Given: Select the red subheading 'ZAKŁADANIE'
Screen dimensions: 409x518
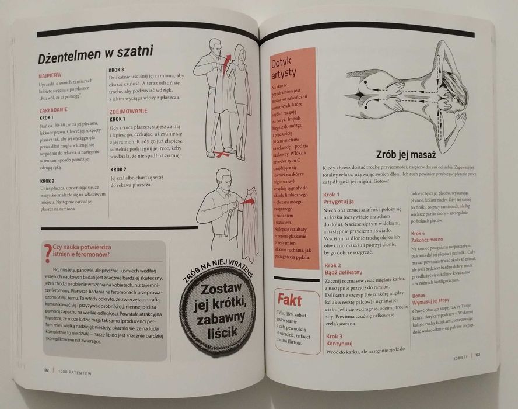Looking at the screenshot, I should pos(54,109).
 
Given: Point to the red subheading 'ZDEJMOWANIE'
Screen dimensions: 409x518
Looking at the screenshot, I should pos(128,111).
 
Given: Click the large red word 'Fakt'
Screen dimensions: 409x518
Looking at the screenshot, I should pos(290,301).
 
